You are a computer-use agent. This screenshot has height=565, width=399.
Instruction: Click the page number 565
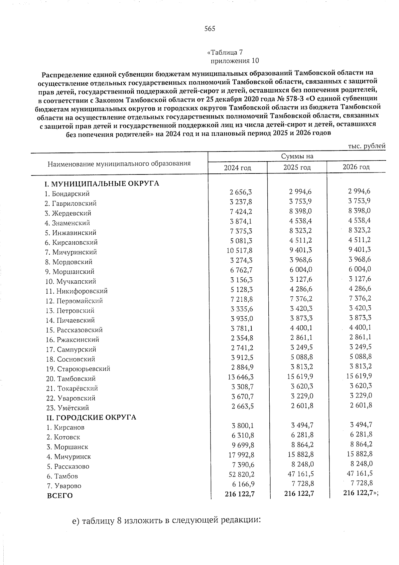[210, 29]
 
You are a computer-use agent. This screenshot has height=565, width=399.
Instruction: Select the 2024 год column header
[237, 168]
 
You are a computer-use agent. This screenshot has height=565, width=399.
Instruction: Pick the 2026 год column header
[356, 167]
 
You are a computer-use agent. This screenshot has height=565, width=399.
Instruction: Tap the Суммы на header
[297, 156]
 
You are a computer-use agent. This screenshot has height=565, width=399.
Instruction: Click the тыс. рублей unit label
[367, 146]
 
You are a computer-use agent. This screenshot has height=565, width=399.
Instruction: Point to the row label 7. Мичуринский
[71, 252]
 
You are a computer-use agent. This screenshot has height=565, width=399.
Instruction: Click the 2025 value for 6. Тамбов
[299, 473]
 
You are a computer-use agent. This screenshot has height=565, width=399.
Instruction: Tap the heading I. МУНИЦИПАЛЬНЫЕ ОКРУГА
[102, 184]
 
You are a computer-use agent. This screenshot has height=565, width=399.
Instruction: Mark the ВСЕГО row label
[60, 496]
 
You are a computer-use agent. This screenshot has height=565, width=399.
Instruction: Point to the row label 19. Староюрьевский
[78, 369]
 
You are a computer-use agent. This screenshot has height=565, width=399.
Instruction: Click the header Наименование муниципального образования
[119, 164]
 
